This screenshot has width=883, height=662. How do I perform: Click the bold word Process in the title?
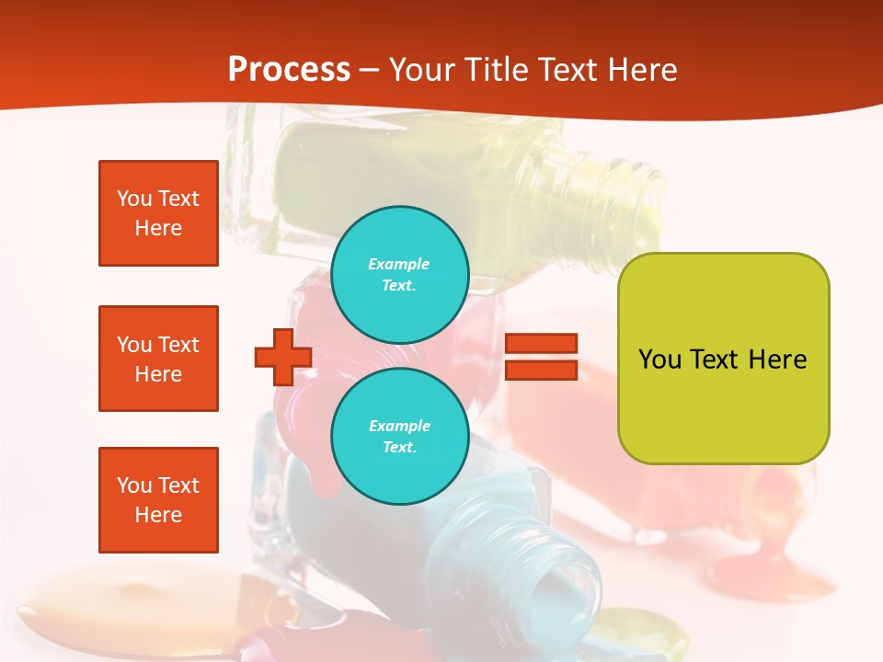pos(289,69)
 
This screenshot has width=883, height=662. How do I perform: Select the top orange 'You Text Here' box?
pos(158,213)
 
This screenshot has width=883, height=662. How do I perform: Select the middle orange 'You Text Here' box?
pos(158,359)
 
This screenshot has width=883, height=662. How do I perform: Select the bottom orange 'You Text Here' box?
pos(158,500)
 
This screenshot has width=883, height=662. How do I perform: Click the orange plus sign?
pos(283,357)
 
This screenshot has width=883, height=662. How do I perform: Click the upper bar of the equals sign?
pos(541,343)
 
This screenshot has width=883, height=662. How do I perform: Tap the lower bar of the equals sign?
pos(541,370)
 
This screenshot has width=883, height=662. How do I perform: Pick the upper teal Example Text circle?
pos(399,274)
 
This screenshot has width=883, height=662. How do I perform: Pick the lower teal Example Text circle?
pos(399,436)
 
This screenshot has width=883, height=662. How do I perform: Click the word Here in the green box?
pos(777,360)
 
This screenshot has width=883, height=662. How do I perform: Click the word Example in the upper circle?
pos(398,264)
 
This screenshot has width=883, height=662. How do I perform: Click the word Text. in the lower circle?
pos(399,447)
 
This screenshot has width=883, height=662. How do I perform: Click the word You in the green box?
pos(659,360)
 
